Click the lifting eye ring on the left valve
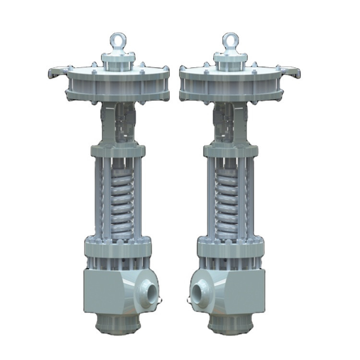tap(118, 41)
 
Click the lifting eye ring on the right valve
tap(230, 41)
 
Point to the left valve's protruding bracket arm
tap(57, 72)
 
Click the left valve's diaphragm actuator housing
tap(118, 84)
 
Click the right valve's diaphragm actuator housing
tap(230, 84)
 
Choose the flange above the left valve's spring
tap(118, 152)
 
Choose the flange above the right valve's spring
tap(230, 152)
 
